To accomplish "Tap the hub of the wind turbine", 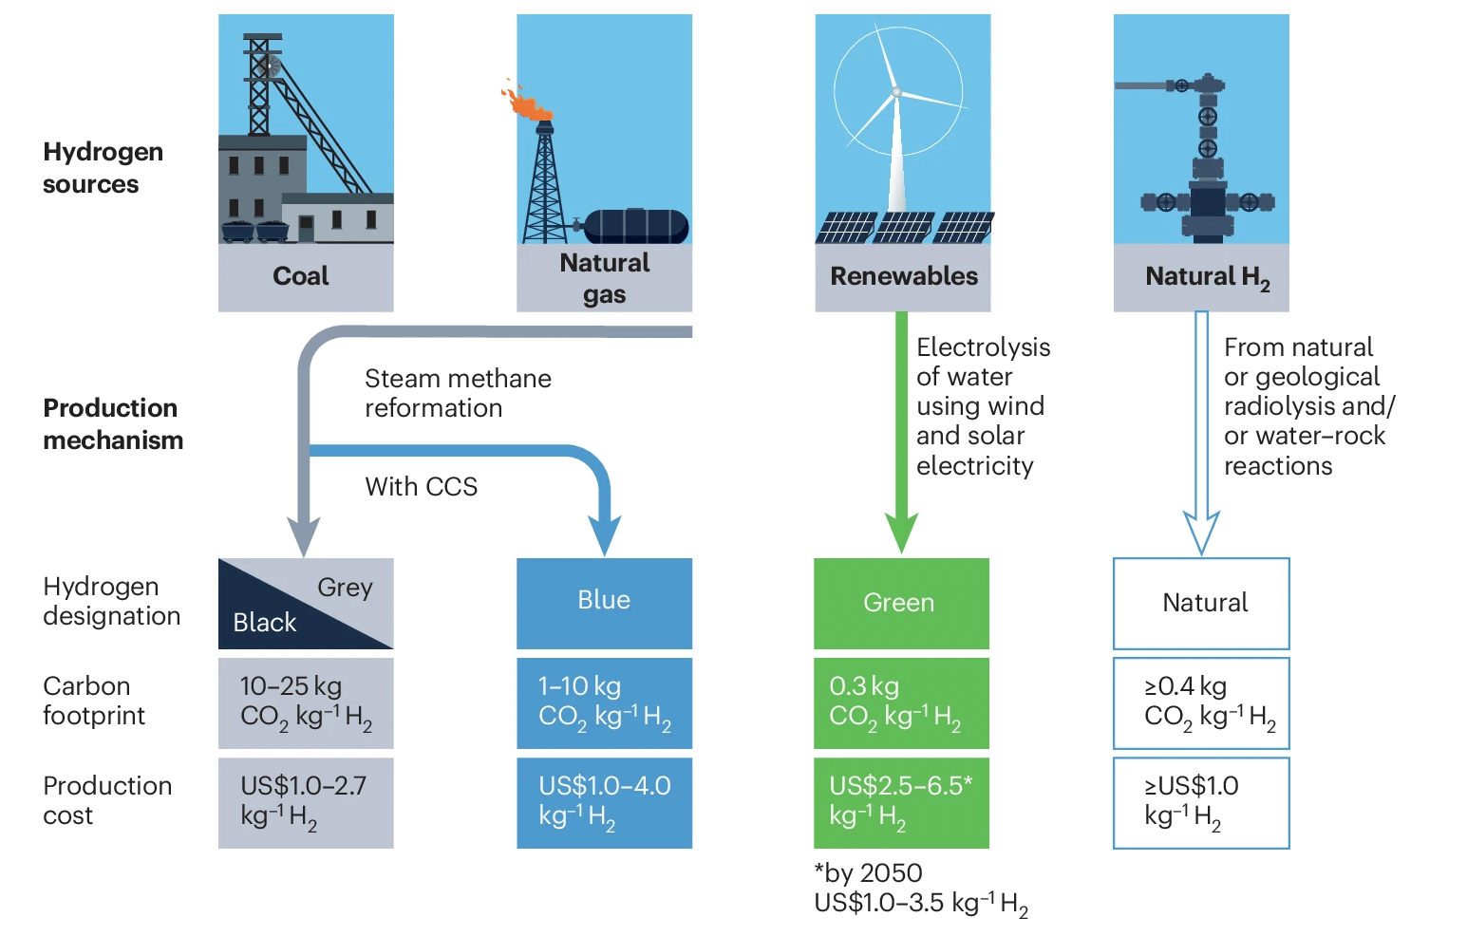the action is coord(896,92).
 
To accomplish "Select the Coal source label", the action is coord(301,275).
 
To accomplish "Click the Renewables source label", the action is coord(903,275).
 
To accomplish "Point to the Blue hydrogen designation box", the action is coord(604,603).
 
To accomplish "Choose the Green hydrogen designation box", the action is coord(901,603).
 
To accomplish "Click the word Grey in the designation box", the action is coord(345,587).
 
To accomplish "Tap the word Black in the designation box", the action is coord(265,623).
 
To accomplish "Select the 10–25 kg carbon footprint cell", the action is coord(306,703).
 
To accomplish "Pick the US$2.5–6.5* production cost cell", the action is coord(901,803).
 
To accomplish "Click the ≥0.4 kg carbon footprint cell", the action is coord(1201,703).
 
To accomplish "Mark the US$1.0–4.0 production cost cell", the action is coord(604,803).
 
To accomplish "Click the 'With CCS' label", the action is coord(421,486).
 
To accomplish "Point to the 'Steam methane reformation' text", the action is coord(458,393).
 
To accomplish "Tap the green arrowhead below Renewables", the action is coord(901,533).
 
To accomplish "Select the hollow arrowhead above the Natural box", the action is coord(1201,533).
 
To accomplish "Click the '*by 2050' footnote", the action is coord(868,872).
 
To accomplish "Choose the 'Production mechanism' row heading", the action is coord(113,423).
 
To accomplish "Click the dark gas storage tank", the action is coord(635,227).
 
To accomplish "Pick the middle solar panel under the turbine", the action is coord(904,228).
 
